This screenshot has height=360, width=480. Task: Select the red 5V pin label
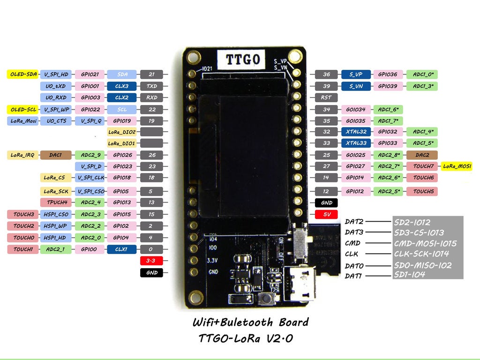coord(327,214)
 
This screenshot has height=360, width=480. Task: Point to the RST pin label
coord(326,97)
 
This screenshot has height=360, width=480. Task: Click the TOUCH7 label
coord(423,166)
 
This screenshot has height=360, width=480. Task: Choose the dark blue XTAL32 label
coord(356,132)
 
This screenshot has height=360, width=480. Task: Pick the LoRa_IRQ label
coord(22,155)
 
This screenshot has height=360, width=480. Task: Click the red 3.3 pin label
coord(151,261)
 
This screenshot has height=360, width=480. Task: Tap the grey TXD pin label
coord(151,86)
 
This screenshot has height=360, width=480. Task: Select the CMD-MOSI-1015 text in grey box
coord(425,243)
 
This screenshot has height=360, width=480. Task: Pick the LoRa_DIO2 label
coord(121,132)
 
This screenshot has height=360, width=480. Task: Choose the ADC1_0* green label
coord(422,74)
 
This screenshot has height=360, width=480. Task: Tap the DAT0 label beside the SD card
coord(354,266)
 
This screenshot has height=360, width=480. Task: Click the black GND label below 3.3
coord(151,272)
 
